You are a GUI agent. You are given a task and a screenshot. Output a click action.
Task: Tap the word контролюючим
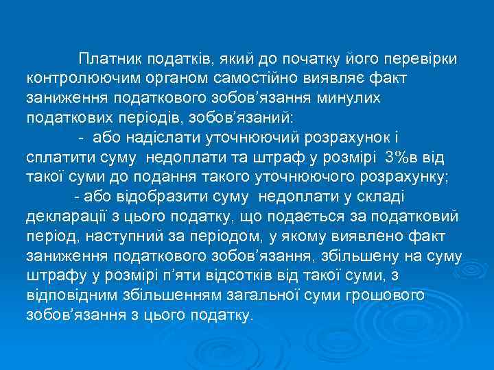click(75, 78)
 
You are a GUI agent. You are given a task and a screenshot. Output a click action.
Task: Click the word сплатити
click(58, 158)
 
